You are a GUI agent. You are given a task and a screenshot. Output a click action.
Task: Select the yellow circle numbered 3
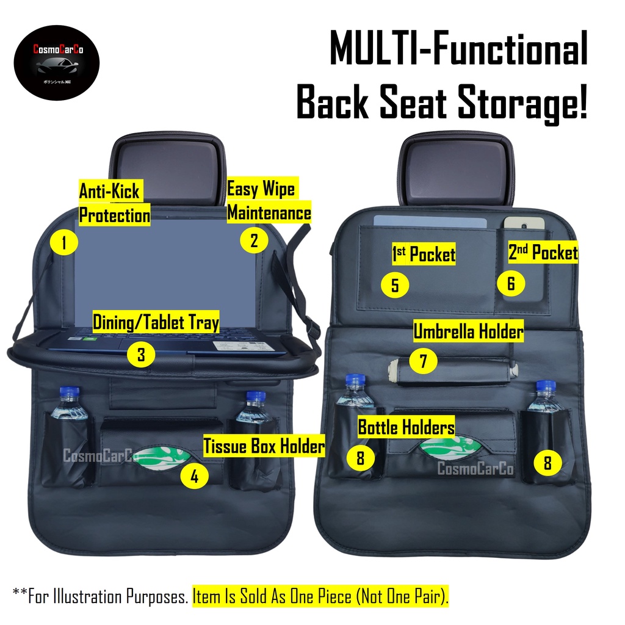[x=141, y=355]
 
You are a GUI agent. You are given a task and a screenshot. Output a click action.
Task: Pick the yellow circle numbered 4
[x=194, y=476]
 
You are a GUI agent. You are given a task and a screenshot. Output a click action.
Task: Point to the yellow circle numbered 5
[x=395, y=285]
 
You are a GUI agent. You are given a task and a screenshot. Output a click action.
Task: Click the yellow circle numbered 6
[x=510, y=283]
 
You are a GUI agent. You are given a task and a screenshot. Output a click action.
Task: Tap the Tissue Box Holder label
[x=264, y=446]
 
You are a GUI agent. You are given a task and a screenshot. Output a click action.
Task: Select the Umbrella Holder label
[x=468, y=331]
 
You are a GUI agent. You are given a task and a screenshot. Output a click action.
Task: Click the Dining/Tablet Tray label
[x=156, y=322]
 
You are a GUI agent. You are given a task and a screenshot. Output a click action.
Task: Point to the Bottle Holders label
[x=406, y=427]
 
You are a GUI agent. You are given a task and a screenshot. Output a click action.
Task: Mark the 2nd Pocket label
[x=543, y=253]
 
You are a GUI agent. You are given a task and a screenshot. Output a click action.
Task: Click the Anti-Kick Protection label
[x=114, y=204]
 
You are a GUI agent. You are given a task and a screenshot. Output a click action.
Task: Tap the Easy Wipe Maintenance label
[x=269, y=201]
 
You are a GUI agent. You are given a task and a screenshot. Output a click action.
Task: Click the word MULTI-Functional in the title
[x=458, y=51]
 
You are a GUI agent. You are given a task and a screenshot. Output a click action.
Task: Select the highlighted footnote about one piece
[x=320, y=596]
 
